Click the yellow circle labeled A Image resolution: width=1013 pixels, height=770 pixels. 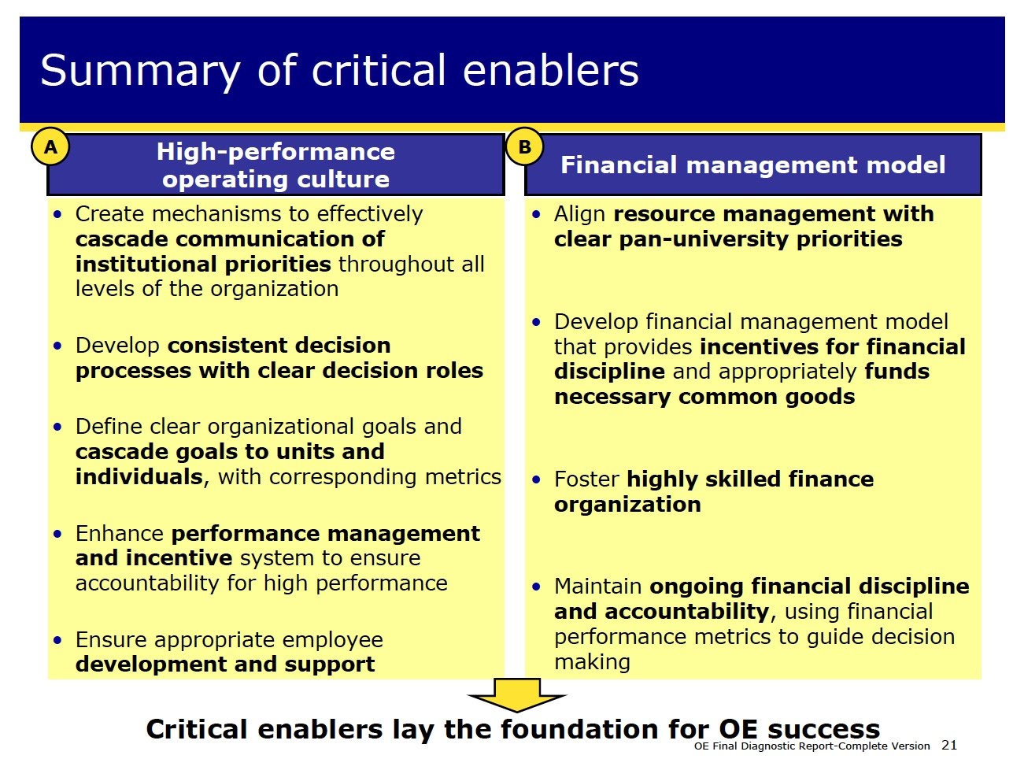50,147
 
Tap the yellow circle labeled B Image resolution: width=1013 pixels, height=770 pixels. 524,147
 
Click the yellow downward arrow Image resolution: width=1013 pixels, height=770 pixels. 517,696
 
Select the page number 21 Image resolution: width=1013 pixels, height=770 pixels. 949,745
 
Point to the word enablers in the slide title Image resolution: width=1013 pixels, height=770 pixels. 550,71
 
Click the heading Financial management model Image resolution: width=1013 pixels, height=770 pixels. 752,165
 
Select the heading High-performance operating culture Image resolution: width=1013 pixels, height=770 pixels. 275,165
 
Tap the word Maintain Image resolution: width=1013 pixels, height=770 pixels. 597,586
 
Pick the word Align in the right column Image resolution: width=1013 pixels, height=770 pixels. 579,213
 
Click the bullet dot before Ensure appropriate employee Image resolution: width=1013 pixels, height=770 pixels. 57,640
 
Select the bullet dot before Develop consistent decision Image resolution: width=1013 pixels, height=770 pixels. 57,346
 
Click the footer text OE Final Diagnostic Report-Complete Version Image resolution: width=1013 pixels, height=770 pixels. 812,746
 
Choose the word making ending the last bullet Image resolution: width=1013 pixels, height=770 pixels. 592,661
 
